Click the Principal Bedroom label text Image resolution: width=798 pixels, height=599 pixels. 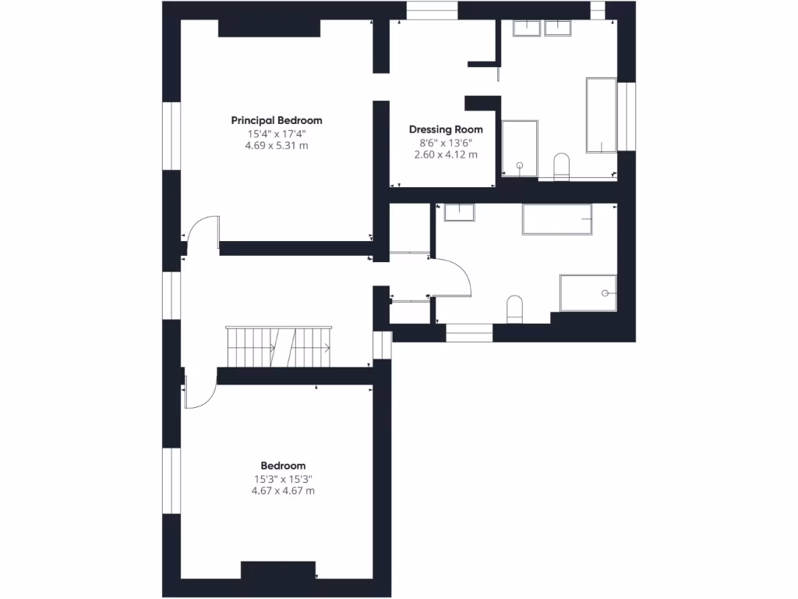277,120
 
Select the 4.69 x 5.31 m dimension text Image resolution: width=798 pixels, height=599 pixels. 277,145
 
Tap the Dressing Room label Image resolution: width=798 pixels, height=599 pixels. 446,129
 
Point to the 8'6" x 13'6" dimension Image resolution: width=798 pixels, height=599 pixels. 446,143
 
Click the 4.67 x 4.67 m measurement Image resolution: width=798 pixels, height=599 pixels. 283,491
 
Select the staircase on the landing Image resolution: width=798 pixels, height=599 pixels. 278,346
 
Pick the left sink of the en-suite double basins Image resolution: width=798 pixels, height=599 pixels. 527,28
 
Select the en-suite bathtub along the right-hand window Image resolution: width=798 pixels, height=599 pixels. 601,115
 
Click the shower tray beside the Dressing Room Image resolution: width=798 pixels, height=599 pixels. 520,148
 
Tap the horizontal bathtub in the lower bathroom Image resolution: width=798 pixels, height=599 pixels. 556,219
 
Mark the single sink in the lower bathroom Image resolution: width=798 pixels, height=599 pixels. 459,212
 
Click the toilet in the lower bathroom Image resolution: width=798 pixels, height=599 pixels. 515,309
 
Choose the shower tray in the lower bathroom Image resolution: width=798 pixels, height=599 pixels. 588,292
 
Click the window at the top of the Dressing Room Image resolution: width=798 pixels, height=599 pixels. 432,9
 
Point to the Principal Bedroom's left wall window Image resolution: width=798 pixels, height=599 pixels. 171,136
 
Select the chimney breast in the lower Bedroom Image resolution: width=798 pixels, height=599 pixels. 278,570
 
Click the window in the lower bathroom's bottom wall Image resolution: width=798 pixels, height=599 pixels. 469,333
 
